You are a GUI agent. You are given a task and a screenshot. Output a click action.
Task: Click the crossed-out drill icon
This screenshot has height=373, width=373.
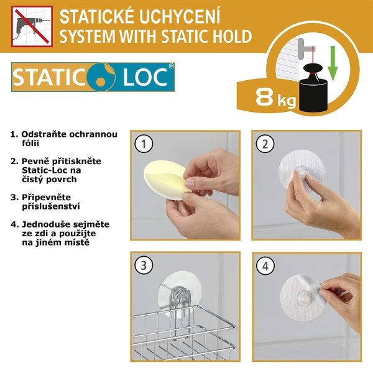coord(32,26)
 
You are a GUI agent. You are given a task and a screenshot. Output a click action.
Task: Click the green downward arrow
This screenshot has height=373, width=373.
coord(333,63)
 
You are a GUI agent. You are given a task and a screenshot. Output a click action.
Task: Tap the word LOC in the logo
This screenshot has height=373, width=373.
coord(145,77)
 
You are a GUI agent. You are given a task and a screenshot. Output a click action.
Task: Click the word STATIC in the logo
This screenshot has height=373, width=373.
coord(49,77)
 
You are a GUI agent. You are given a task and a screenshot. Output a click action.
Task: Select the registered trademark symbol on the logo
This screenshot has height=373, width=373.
coord(172,66)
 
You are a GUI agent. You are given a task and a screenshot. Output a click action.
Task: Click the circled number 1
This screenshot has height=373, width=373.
coord(144,144)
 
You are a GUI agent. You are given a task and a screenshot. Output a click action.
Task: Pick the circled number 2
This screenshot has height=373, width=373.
coord(265,144)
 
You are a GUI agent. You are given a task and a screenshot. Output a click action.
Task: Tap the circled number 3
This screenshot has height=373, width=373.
coord(144,265)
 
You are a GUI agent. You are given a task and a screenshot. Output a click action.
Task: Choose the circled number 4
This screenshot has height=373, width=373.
coord(265,265)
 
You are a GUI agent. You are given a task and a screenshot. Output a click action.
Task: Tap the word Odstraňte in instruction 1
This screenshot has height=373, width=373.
coord(44,134)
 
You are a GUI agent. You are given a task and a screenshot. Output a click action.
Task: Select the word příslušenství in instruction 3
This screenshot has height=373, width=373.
coord(51,206)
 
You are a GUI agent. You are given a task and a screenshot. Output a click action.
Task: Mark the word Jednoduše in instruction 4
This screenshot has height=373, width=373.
coord(47,224)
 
